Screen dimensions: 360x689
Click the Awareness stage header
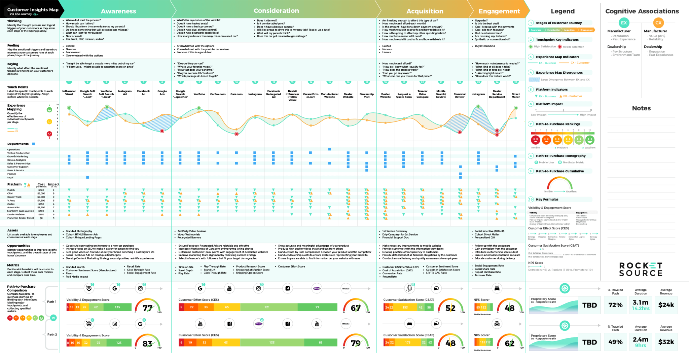click(118, 11)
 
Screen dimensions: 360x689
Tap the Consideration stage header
click(276, 11)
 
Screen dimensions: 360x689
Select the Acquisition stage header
click(425, 11)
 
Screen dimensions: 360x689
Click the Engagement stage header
click(499, 11)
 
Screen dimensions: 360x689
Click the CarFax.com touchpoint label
click(218, 94)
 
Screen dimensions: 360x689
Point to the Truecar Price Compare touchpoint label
click(423, 94)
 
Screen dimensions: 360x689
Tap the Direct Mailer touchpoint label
click(515, 96)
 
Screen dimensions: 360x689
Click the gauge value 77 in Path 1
click(147, 308)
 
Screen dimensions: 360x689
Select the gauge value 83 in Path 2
click(147, 344)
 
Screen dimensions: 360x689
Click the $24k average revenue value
click(666, 305)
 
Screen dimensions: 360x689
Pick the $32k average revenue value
click(666, 342)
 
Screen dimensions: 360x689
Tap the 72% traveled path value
click(615, 305)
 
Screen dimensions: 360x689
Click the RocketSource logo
click(641, 269)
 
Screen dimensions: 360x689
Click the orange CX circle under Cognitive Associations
click(658, 23)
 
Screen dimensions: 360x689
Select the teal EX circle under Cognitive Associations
click(624, 23)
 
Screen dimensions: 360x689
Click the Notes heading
click(641, 108)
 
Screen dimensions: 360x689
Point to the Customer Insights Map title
click(33, 10)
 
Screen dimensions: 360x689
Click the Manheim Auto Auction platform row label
click(21, 211)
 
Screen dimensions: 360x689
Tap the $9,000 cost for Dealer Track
click(41, 197)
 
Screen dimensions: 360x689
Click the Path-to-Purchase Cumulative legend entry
click(560, 171)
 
